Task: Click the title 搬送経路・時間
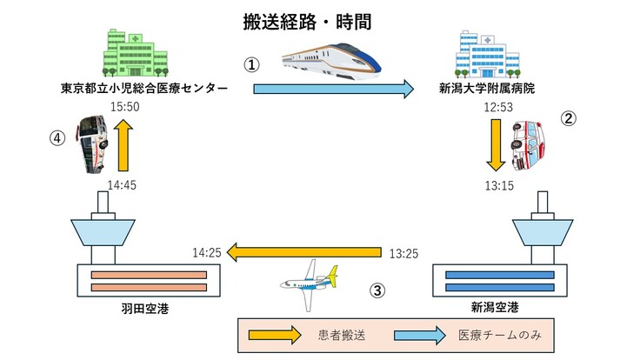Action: tap(319, 23)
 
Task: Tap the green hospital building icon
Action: tap(134, 53)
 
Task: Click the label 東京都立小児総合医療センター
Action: tap(144, 88)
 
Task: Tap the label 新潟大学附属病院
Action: tap(487, 88)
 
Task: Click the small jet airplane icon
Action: tap(307, 283)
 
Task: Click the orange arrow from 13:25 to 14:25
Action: tap(304, 253)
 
